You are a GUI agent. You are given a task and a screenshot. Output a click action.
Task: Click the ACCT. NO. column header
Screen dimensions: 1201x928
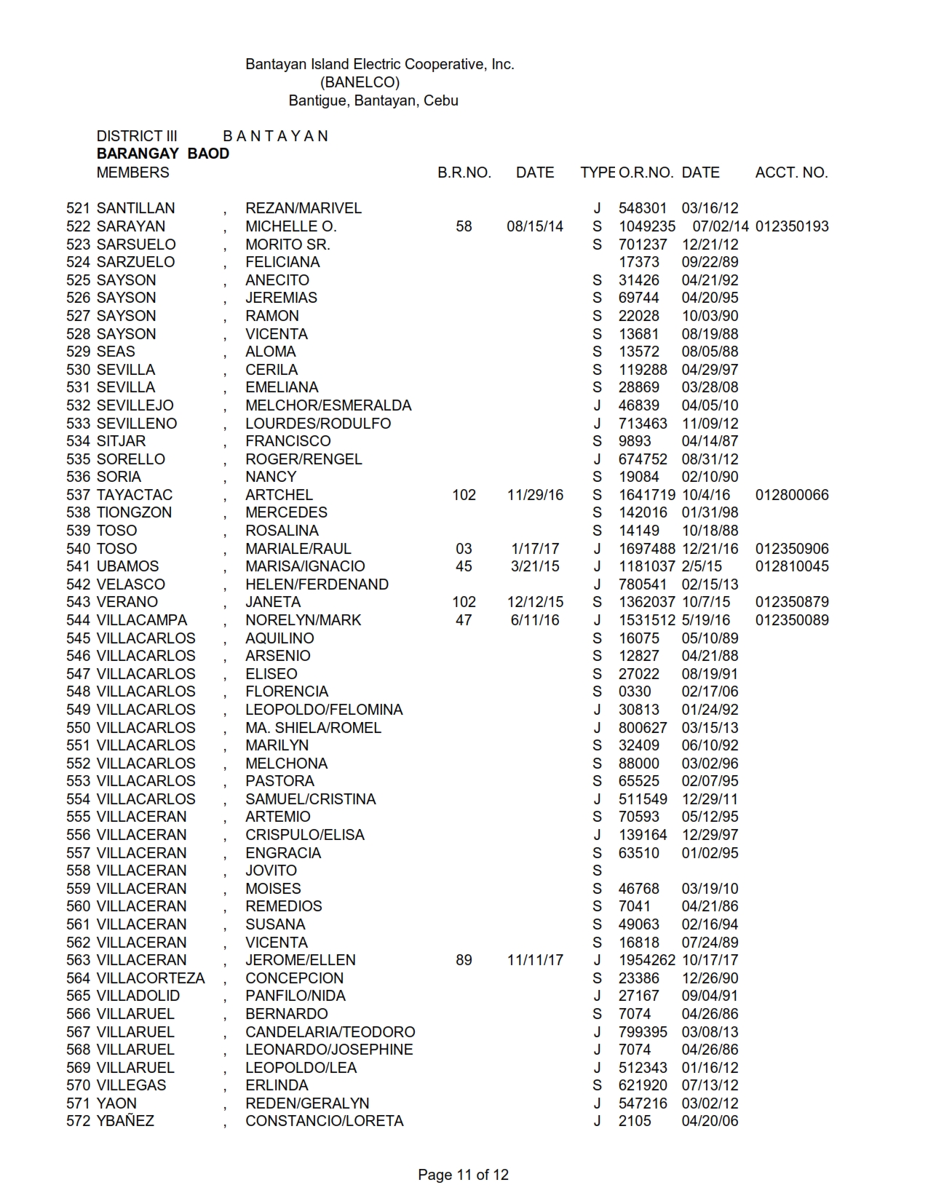click(791, 173)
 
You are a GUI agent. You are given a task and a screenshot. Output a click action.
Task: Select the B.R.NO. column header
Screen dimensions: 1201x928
click(464, 173)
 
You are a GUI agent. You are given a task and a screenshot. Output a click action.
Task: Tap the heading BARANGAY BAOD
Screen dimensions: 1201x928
click(163, 154)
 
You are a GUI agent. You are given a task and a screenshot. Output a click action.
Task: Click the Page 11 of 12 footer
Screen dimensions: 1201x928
click(463, 1174)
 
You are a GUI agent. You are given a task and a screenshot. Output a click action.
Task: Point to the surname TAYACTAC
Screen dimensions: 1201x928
click(135, 495)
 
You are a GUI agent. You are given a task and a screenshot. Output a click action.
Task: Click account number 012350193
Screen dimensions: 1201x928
click(792, 226)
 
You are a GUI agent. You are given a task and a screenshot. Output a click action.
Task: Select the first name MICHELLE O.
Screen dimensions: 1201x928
click(291, 226)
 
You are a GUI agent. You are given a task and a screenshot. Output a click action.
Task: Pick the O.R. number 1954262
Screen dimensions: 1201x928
click(647, 960)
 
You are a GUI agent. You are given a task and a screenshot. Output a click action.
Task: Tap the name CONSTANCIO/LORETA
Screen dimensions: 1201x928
click(325, 1121)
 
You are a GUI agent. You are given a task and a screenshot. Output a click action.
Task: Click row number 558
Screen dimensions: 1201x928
click(79, 871)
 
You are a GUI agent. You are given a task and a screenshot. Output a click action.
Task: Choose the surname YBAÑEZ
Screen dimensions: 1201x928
click(125, 1121)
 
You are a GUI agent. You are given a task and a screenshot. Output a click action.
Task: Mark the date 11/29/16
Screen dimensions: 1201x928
click(535, 495)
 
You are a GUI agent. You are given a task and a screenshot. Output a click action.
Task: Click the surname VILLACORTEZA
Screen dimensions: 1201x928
click(151, 978)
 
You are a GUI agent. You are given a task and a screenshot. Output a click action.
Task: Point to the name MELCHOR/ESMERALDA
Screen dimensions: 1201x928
click(328, 405)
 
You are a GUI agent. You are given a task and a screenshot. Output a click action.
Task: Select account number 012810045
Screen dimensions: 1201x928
click(792, 566)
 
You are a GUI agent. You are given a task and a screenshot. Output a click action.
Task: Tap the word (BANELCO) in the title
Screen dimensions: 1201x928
click(360, 82)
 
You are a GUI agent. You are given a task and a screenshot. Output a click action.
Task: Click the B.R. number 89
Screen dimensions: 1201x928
click(464, 960)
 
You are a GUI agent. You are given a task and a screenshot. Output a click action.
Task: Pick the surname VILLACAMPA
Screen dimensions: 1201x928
click(142, 620)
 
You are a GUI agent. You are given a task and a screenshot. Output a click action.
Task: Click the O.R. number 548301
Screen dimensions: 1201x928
click(643, 208)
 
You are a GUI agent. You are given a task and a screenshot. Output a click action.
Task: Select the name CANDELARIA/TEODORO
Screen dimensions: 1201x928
click(330, 1032)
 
